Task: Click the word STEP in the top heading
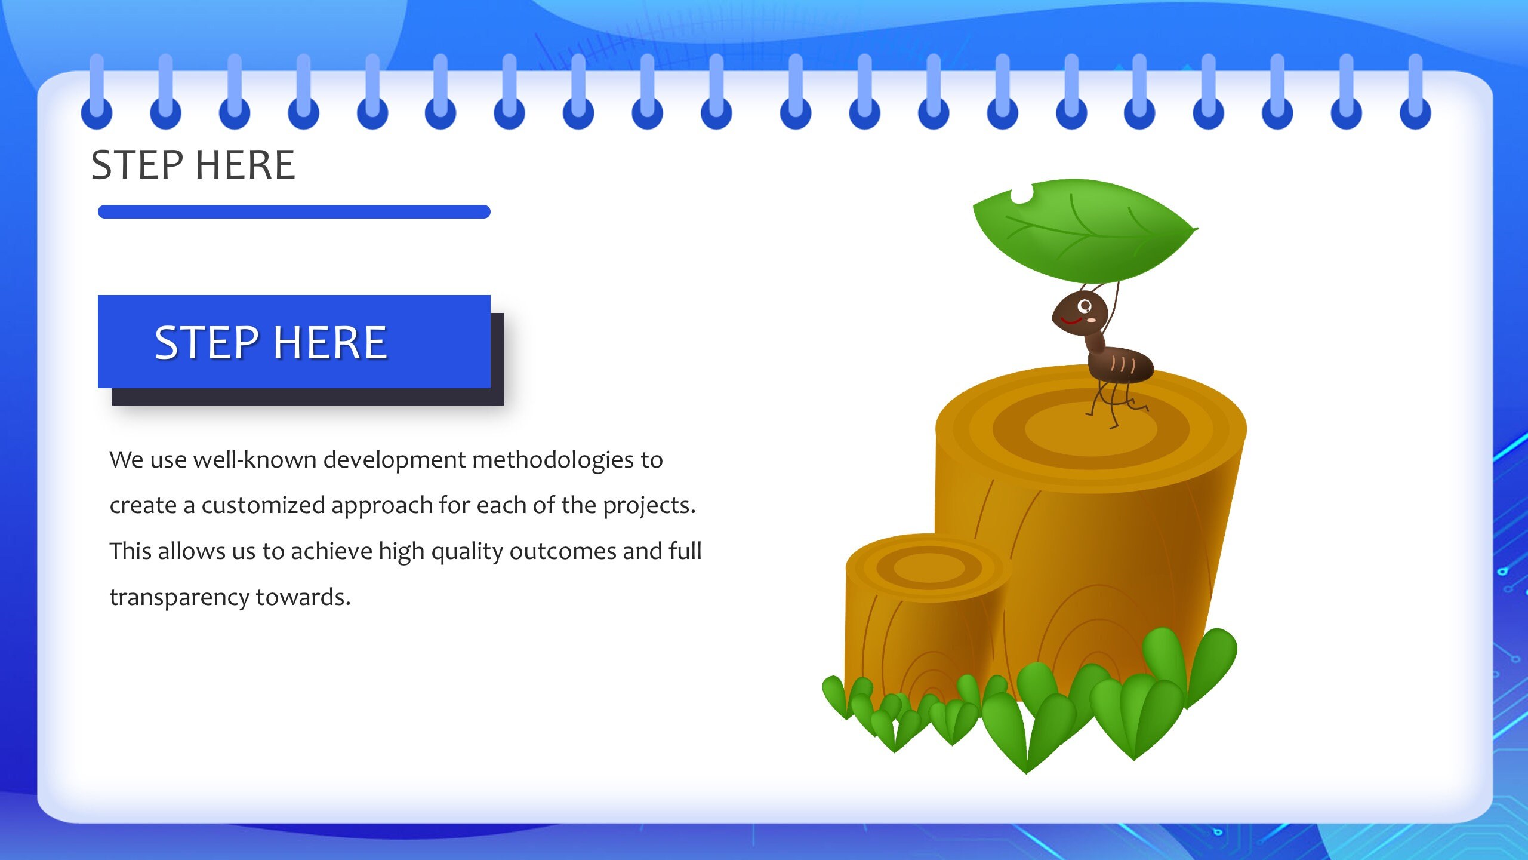coord(137,165)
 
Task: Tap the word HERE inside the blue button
coord(331,343)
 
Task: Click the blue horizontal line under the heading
coord(294,211)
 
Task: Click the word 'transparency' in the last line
coord(179,597)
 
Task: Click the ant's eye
coord(1085,306)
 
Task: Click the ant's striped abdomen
coord(1121,364)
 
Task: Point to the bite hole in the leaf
coord(1021,194)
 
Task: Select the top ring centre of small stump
coord(929,567)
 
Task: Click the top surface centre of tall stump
coord(1091,429)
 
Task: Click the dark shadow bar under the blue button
coord(307,397)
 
